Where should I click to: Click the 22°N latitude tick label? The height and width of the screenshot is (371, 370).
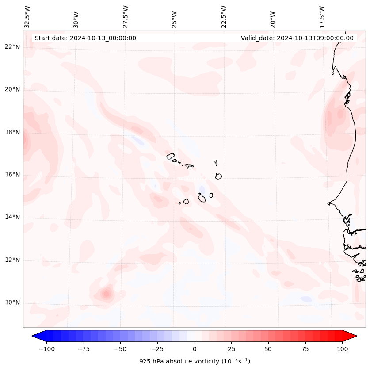[x=12, y=47]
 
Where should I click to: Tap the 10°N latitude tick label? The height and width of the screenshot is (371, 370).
[x=12, y=302]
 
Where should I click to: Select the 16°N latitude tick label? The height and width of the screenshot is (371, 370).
[x=12, y=175]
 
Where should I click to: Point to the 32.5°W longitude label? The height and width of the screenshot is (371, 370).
[x=27, y=16]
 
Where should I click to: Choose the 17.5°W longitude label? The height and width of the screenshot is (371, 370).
[x=322, y=16]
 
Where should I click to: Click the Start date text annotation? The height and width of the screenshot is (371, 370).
[x=85, y=38]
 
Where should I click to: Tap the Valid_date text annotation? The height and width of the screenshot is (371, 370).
[x=297, y=38]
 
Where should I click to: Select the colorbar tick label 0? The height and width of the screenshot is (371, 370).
[x=195, y=349]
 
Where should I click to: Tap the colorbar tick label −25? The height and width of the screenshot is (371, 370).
[x=157, y=349]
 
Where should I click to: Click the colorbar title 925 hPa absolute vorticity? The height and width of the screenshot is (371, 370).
[x=195, y=361]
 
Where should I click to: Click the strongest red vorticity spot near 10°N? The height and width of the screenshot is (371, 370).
[x=106, y=294]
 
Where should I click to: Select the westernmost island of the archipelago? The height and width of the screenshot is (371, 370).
[x=171, y=156]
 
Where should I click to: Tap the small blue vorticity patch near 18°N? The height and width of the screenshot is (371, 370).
[x=138, y=141]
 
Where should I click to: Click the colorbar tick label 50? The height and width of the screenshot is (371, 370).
[x=268, y=349]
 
